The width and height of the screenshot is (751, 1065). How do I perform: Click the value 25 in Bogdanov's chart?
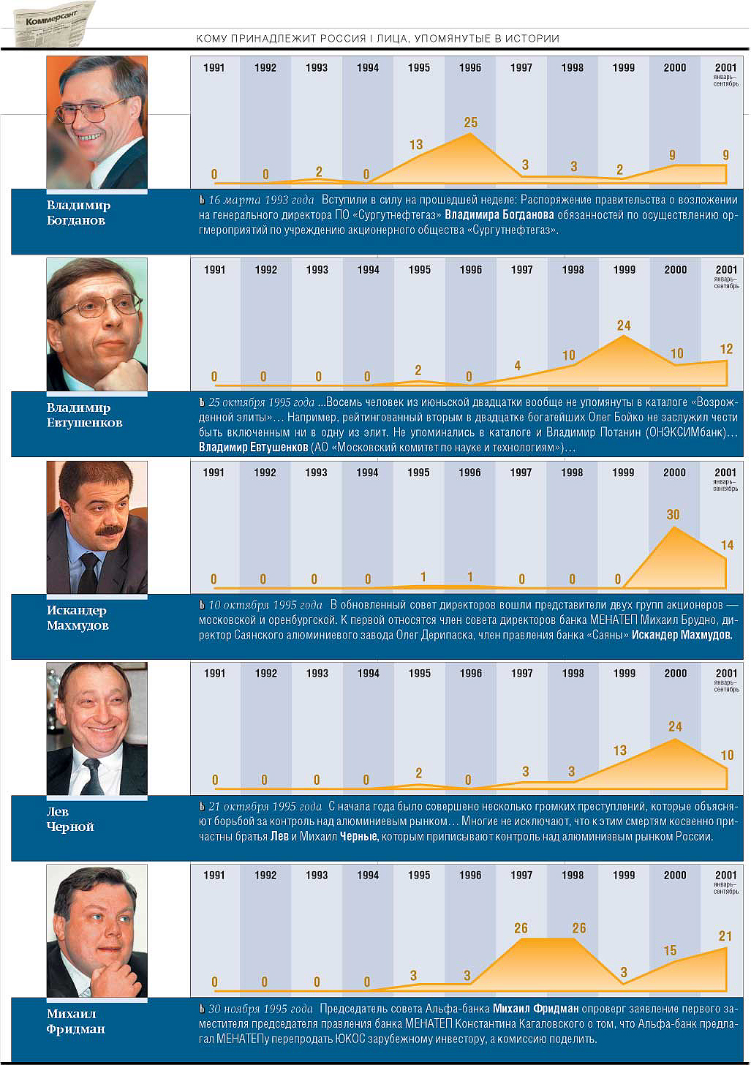coord(471,123)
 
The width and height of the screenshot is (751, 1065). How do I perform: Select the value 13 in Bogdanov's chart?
coord(416,145)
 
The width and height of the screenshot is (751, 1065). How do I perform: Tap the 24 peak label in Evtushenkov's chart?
coord(624,325)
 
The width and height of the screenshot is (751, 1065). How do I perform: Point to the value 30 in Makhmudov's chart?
coord(673,515)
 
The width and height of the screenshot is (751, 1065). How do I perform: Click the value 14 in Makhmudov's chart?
coord(727,545)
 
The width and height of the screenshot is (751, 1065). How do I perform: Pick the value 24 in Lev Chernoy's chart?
coord(675,726)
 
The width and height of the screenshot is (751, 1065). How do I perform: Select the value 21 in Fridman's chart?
coord(725,936)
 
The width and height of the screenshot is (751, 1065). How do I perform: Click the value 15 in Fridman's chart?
coord(670,950)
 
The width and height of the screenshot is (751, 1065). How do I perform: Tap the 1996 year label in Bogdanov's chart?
coord(470,68)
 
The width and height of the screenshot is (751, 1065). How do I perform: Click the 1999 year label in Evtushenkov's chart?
coord(624,270)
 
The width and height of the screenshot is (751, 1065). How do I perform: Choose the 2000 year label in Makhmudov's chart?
coord(674,473)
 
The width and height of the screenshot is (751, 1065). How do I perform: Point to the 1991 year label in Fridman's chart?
coord(214,875)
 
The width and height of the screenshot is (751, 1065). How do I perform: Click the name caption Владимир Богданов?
coord(78,213)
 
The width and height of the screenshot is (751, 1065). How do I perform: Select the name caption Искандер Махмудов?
coord(77,618)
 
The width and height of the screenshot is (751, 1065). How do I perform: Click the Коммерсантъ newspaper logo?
coord(56,23)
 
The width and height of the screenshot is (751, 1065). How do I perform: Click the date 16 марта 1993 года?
coord(261,200)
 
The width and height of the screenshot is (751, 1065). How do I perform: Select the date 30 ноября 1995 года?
coord(260,1009)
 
